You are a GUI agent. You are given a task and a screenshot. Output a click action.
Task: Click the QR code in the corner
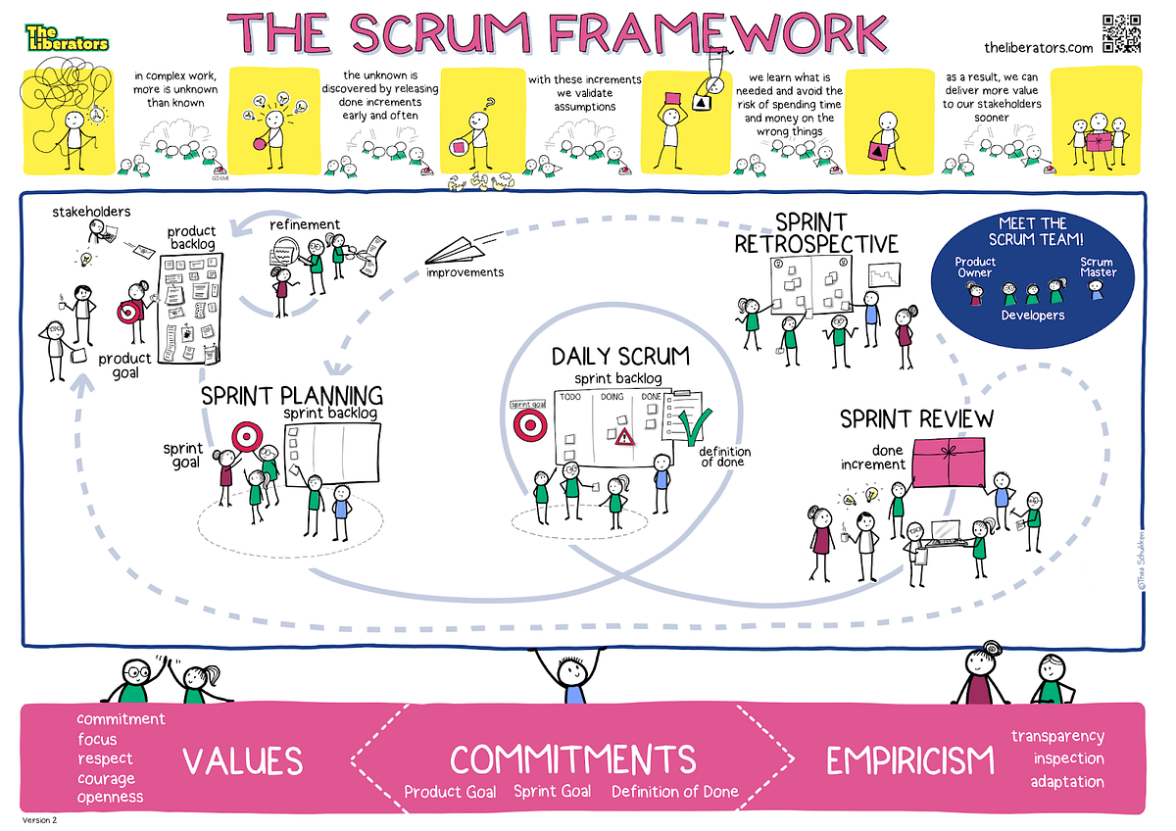click(x=1121, y=33)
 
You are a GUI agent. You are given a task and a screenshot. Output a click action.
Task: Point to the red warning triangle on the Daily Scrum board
click(x=623, y=437)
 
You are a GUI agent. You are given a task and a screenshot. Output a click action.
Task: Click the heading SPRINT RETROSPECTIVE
click(x=815, y=232)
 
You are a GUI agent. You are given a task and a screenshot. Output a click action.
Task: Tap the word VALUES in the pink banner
click(x=242, y=760)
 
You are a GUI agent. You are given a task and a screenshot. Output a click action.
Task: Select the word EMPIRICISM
click(x=909, y=760)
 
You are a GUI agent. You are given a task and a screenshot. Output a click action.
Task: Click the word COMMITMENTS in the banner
click(x=572, y=758)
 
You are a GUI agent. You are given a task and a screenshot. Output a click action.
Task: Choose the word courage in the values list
click(x=107, y=779)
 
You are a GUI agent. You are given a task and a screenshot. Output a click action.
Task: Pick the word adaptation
click(x=1066, y=782)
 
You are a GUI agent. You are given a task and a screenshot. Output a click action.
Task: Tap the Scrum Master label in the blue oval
click(x=1097, y=267)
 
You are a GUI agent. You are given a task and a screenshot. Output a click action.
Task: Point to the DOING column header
click(x=612, y=396)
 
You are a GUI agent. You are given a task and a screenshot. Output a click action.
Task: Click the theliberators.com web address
click(x=1038, y=47)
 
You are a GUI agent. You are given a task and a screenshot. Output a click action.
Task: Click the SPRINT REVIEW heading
click(x=916, y=419)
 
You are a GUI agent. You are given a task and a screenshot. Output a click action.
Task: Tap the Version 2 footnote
click(x=41, y=820)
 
